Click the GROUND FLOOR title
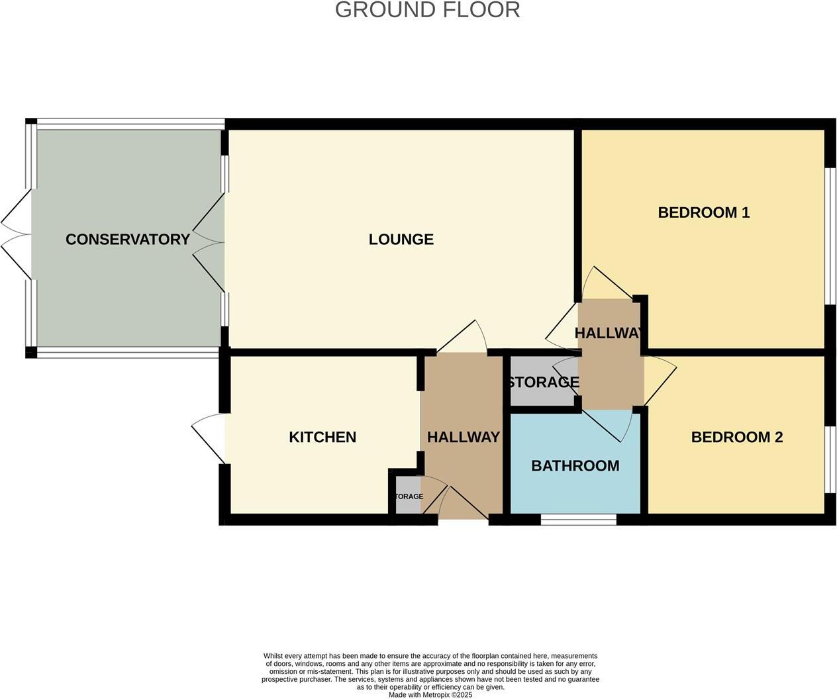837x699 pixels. pyautogui.click(x=427, y=10)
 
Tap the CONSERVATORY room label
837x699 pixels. pyautogui.click(x=127, y=240)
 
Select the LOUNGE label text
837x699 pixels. pyautogui.click(x=401, y=240)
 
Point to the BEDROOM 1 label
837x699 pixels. pyautogui.click(x=703, y=212)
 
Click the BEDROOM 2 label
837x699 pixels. pyautogui.click(x=736, y=437)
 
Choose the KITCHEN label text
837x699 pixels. pyautogui.click(x=322, y=437)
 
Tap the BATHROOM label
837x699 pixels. pyautogui.click(x=575, y=466)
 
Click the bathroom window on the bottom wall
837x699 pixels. pyautogui.click(x=578, y=520)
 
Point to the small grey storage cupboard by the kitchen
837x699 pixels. pyautogui.click(x=407, y=496)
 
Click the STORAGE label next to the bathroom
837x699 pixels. pyautogui.click(x=543, y=383)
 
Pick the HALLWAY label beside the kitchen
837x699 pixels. pyautogui.click(x=463, y=437)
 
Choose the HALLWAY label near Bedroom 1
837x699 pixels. pyautogui.click(x=608, y=333)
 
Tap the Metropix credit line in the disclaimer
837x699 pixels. pyautogui.click(x=430, y=695)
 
